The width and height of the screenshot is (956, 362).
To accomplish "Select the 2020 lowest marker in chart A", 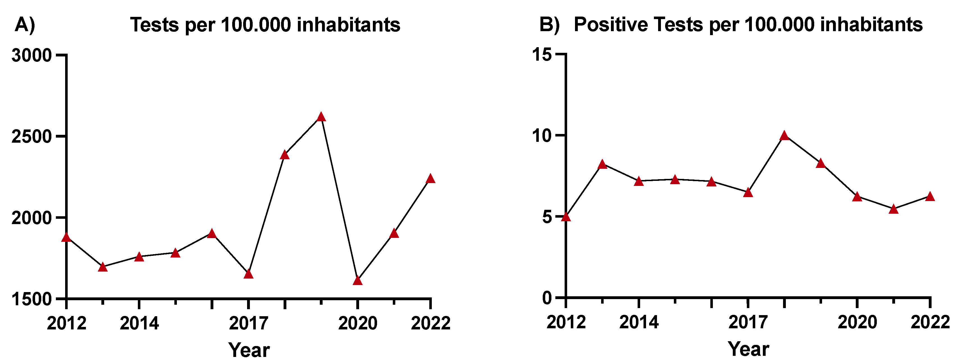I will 357,281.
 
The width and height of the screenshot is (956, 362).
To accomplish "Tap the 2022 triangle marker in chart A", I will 430,179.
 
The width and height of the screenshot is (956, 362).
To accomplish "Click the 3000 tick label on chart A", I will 31,56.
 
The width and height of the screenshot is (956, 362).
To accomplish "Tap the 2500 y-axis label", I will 31,137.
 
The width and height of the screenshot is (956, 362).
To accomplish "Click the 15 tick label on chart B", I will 542,54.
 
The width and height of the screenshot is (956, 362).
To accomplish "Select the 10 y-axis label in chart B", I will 542,136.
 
